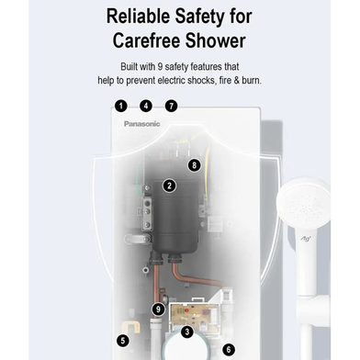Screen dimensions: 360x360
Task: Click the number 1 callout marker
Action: point(121,107)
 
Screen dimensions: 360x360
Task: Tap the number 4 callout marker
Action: point(146,107)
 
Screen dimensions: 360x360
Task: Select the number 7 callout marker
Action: point(171,107)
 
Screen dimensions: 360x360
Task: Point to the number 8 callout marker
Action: point(194,165)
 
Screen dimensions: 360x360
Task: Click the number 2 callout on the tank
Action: point(170,186)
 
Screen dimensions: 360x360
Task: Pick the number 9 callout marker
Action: point(158,309)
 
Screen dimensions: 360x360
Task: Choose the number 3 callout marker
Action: point(187,332)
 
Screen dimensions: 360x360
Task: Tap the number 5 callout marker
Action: point(123,341)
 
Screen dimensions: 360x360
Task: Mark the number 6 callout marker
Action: point(229,349)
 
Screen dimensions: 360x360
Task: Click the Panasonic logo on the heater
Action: point(142,124)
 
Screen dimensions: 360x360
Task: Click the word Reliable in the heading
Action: point(138,17)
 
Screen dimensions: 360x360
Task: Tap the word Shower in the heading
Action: point(216,40)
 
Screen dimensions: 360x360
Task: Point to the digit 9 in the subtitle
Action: point(160,67)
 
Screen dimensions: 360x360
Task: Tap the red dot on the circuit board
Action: point(186,311)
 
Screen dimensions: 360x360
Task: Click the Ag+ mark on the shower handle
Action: point(305,238)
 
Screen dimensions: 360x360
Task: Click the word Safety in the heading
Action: point(199,17)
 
